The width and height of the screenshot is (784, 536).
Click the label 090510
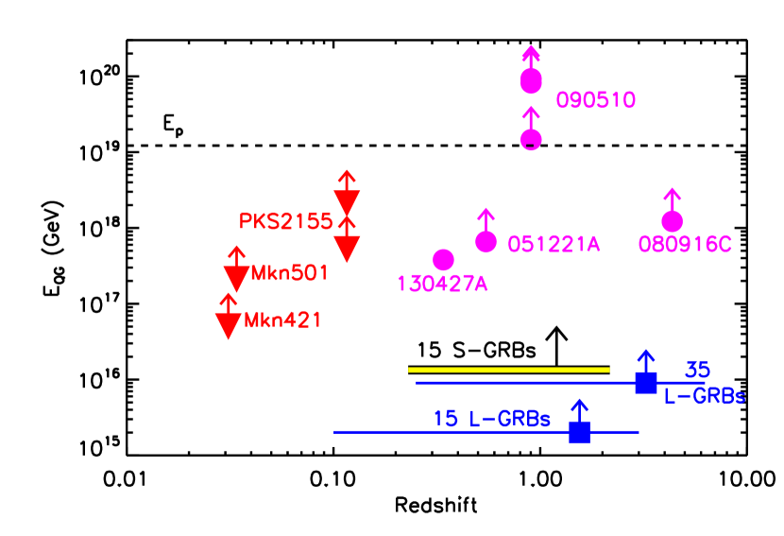[x=595, y=100]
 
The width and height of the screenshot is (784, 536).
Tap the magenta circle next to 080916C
[x=672, y=221]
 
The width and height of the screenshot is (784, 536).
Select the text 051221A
[x=554, y=244]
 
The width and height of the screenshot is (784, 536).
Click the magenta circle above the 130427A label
[x=443, y=259]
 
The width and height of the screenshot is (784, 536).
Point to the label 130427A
[x=442, y=284]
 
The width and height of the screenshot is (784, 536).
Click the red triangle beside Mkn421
[x=228, y=324]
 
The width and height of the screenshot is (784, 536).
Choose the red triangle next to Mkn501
[x=235, y=278]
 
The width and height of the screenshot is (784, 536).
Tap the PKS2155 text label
[x=285, y=221]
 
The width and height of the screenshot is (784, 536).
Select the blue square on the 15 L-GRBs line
[x=580, y=432]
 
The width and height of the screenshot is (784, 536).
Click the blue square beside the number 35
[x=645, y=383]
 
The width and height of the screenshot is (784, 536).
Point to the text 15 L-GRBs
[x=491, y=418]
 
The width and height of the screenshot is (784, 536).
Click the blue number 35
[x=697, y=370]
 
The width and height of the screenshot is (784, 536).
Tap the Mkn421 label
[x=282, y=320]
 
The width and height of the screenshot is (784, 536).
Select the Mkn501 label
[x=289, y=273]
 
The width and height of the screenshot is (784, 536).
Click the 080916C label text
[x=685, y=245]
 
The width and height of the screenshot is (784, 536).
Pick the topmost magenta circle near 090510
[x=531, y=81]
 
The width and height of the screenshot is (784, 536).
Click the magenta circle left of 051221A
[x=486, y=242]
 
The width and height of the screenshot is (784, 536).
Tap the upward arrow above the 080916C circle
[x=672, y=198]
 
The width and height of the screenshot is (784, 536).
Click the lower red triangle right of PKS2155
[x=347, y=248]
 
